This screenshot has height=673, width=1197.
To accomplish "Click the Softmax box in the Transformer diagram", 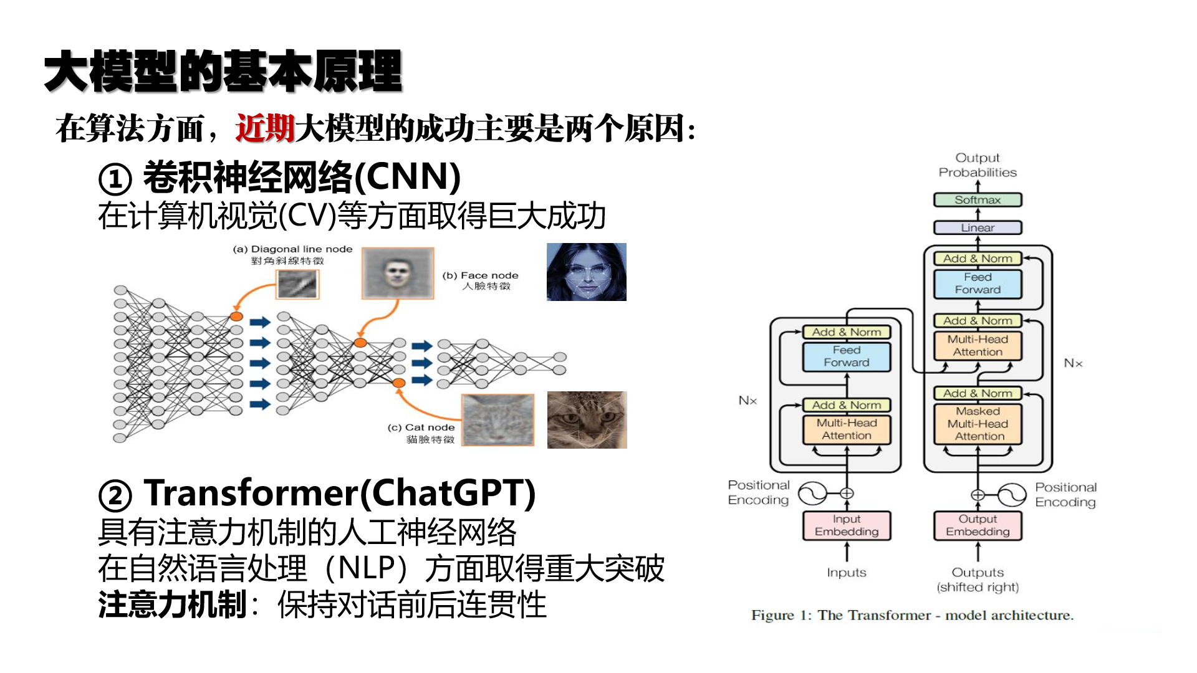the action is [978, 200].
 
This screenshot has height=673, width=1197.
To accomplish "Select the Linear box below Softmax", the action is [978, 227].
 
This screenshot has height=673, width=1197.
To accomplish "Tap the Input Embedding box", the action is [847, 525].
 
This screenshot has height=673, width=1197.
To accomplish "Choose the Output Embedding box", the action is [978, 525].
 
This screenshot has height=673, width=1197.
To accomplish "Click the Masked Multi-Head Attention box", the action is [978, 424].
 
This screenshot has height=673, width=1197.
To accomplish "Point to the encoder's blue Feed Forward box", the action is [847, 356].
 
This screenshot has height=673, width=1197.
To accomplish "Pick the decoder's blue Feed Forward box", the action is [978, 284].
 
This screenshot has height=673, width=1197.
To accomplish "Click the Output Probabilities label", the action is [978, 165].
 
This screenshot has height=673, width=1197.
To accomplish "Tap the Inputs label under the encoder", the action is [847, 573].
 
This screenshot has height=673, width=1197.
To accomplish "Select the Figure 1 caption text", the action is [913, 616].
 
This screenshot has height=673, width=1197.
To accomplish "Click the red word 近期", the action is [265, 129].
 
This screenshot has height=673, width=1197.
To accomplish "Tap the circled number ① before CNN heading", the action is [115, 179].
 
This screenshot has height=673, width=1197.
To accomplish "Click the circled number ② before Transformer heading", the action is [115, 496].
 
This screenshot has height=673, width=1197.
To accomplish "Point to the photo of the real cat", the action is [587, 420].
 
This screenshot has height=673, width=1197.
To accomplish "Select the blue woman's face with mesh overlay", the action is [587, 272].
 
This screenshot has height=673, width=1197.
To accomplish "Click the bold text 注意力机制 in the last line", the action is [173, 605].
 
